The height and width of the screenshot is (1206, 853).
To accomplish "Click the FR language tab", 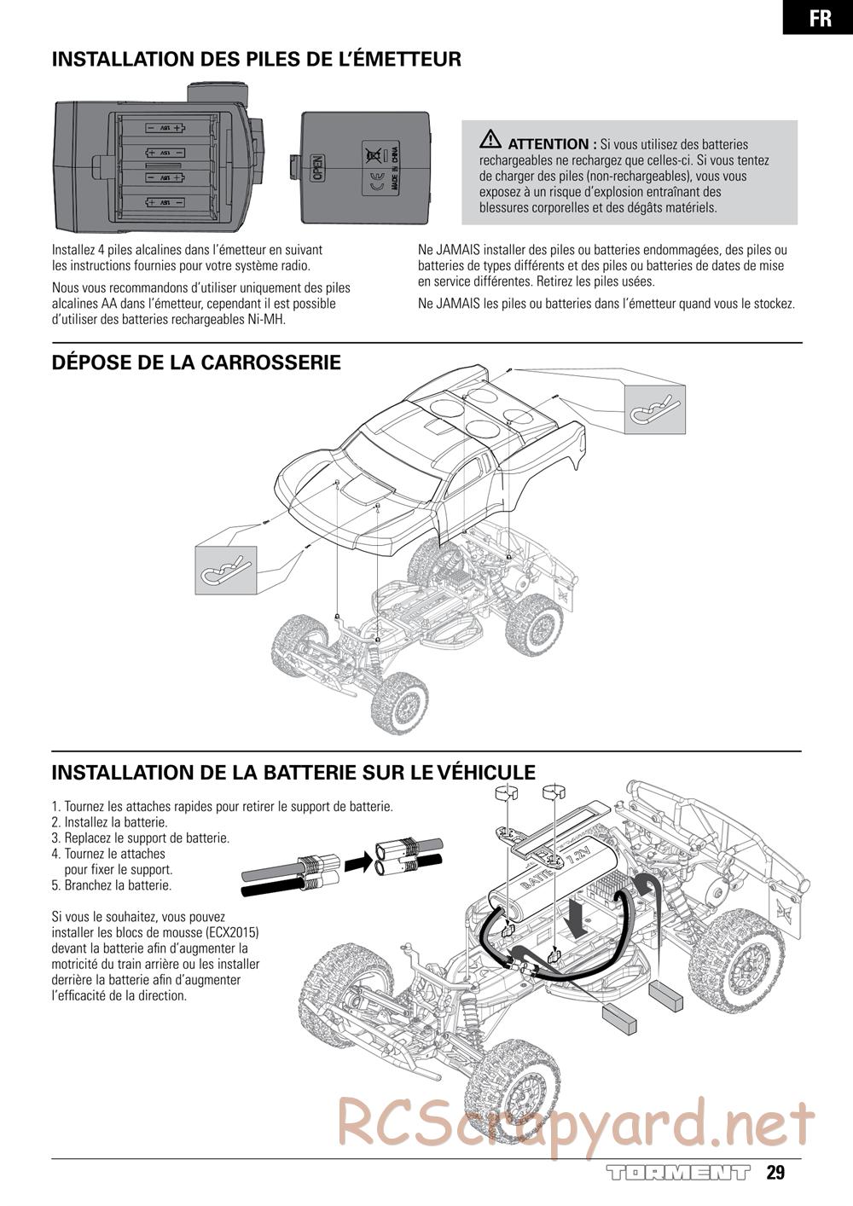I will tap(819, 17).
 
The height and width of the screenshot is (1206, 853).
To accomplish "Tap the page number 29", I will tap(775, 1172).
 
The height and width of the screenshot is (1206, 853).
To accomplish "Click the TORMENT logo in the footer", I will tap(678, 1173).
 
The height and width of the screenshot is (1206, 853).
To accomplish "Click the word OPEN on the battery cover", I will tap(317, 167).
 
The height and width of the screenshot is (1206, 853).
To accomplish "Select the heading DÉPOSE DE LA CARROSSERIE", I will tap(196, 362).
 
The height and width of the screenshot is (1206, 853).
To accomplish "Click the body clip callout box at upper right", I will tap(655, 409).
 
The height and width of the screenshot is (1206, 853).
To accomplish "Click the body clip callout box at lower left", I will tap(226, 569).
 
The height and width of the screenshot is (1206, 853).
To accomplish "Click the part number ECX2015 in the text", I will tap(232, 932).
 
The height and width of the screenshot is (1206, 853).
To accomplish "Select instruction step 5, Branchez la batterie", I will tap(112, 885).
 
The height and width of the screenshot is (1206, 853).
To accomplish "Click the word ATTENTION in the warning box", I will tap(548, 144).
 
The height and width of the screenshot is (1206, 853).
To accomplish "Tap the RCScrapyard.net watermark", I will tap(576, 1124).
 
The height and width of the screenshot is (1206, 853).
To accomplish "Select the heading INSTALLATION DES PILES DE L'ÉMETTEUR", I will tap(256, 59).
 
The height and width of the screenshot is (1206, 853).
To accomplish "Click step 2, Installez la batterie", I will tap(109, 822).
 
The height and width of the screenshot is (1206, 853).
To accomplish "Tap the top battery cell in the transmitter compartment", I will tap(165, 128).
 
